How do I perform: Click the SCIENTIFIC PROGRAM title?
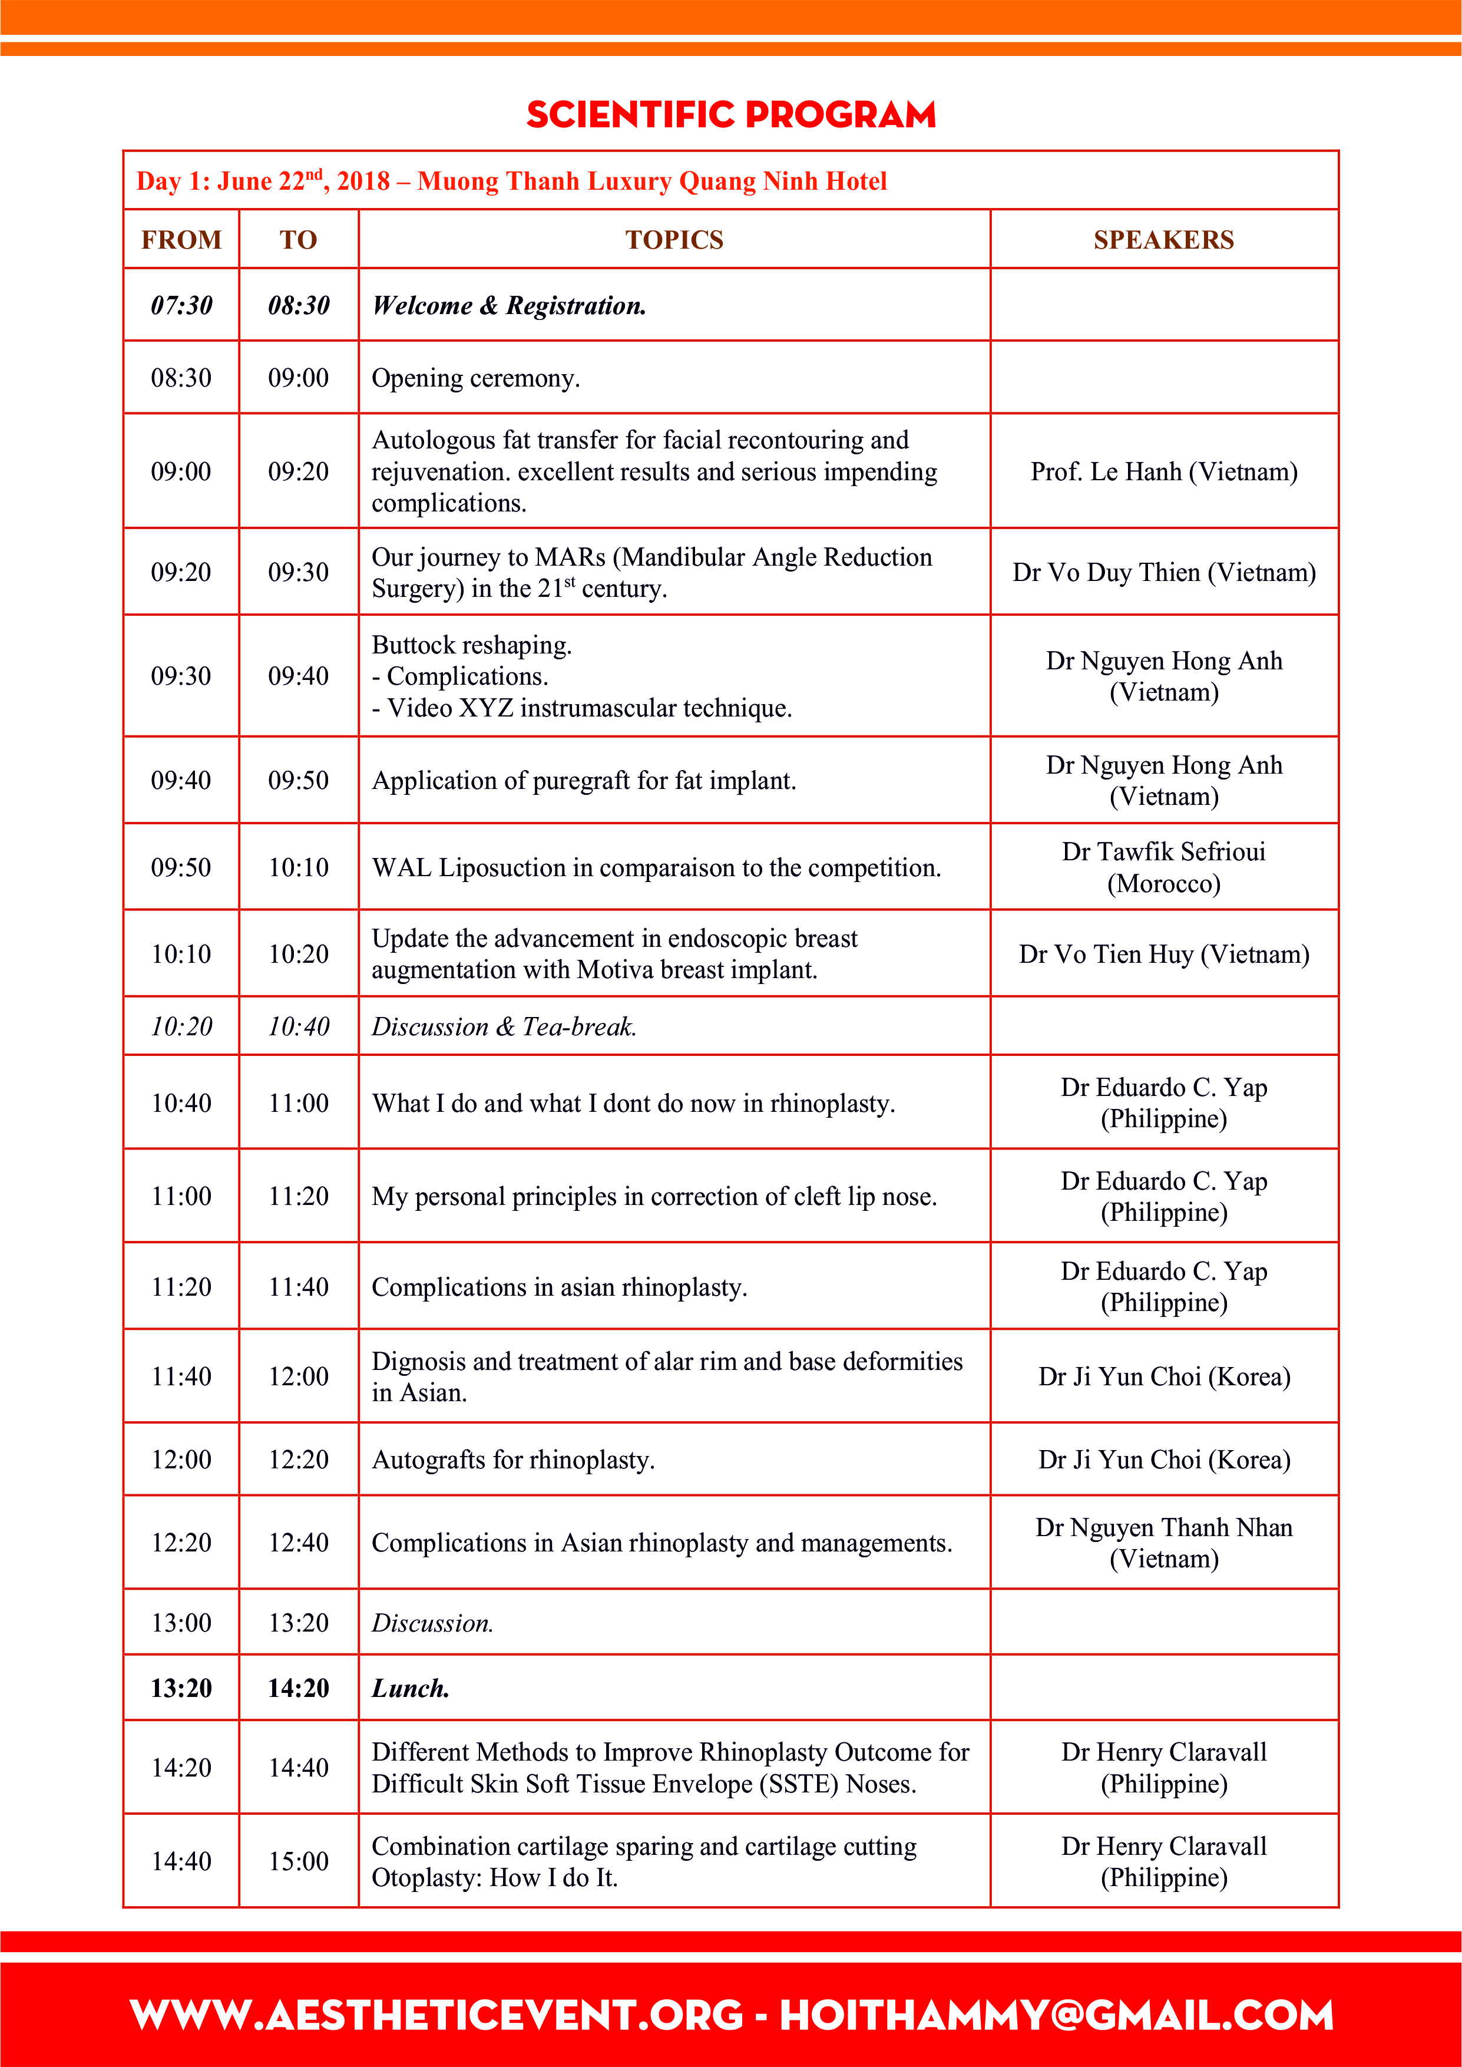coord(731,115)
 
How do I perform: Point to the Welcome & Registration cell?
coord(509,306)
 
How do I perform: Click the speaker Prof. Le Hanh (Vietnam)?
coord(1163,472)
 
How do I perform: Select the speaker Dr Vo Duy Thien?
coord(1163,573)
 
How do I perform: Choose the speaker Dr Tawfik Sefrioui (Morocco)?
coord(1163,867)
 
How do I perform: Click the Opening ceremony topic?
coord(475,378)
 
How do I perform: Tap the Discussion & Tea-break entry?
coord(504,1026)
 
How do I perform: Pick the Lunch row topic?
coord(411,1688)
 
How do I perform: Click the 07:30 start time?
coord(181,306)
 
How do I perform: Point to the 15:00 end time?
coord(298,1861)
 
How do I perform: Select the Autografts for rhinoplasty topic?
coord(513,1460)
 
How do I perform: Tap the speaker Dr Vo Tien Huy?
coord(1163,955)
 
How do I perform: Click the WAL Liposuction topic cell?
coord(656,868)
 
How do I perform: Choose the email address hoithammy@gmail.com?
coord(1056,2016)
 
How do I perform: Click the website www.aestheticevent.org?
coord(436,2016)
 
